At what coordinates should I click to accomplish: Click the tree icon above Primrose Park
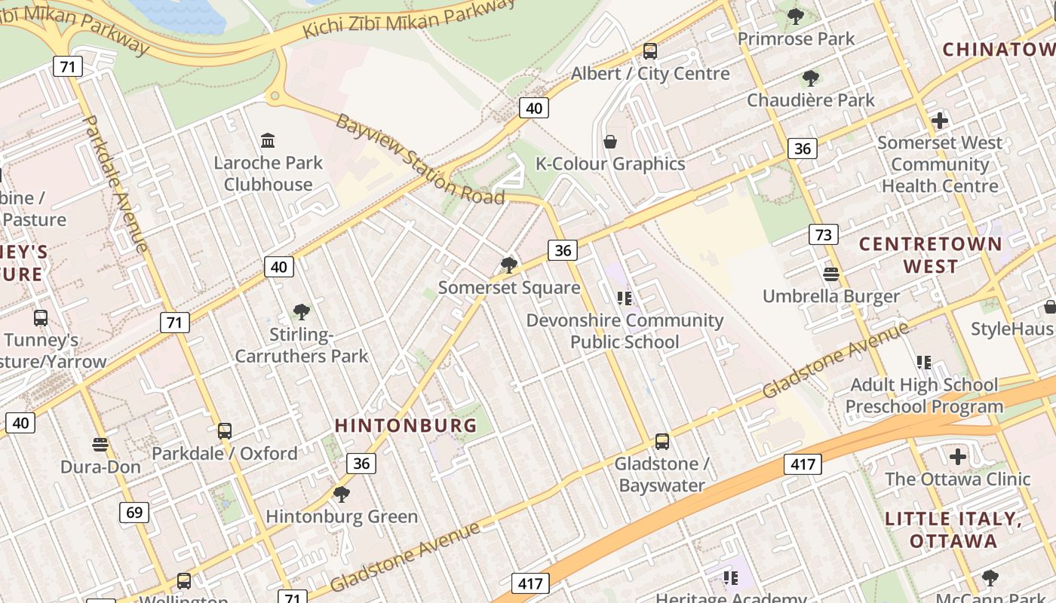pyautogui.click(x=796, y=16)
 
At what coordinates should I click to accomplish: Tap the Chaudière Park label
pyautogui.click(x=810, y=99)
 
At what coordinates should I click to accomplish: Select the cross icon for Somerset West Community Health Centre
pyautogui.click(x=939, y=121)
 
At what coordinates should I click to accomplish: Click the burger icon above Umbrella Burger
pyautogui.click(x=831, y=274)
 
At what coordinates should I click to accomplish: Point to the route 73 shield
pyautogui.click(x=823, y=234)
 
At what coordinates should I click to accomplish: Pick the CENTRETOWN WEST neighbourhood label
pyautogui.click(x=930, y=255)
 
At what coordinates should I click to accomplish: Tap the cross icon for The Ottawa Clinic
pyautogui.click(x=957, y=457)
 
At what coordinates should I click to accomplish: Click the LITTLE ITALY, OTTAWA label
pyautogui.click(x=953, y=530)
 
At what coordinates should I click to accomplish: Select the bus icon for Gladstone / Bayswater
pyautogui.click(x=662, y=442)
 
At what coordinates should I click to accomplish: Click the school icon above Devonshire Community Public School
pyautogui.click(x=624, y=298)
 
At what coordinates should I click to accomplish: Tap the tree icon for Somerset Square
pyautogui.click(x=509, y=265)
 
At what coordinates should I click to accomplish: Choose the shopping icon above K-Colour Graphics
pyautogui.click(x=610, y=142)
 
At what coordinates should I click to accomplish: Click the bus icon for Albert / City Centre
pyautogui.click(x=649, y=51)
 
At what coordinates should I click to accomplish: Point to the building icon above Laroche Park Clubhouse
pyautogui.click(x=268, y=141)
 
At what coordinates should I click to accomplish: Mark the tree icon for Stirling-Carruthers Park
pyautogui.click(x=301, y=312)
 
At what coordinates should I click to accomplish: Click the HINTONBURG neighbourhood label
pyautogui.click(x=406, y=425)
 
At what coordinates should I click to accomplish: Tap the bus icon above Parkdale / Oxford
pyautogui.click(x=224, y=431)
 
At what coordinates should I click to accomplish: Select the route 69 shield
pyautogui.click(x=134, y=513)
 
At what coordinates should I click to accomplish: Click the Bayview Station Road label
pyautogui.click(x=419, y=159)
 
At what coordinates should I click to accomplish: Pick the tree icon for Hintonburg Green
pyautogui.click(x=341, y=494)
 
